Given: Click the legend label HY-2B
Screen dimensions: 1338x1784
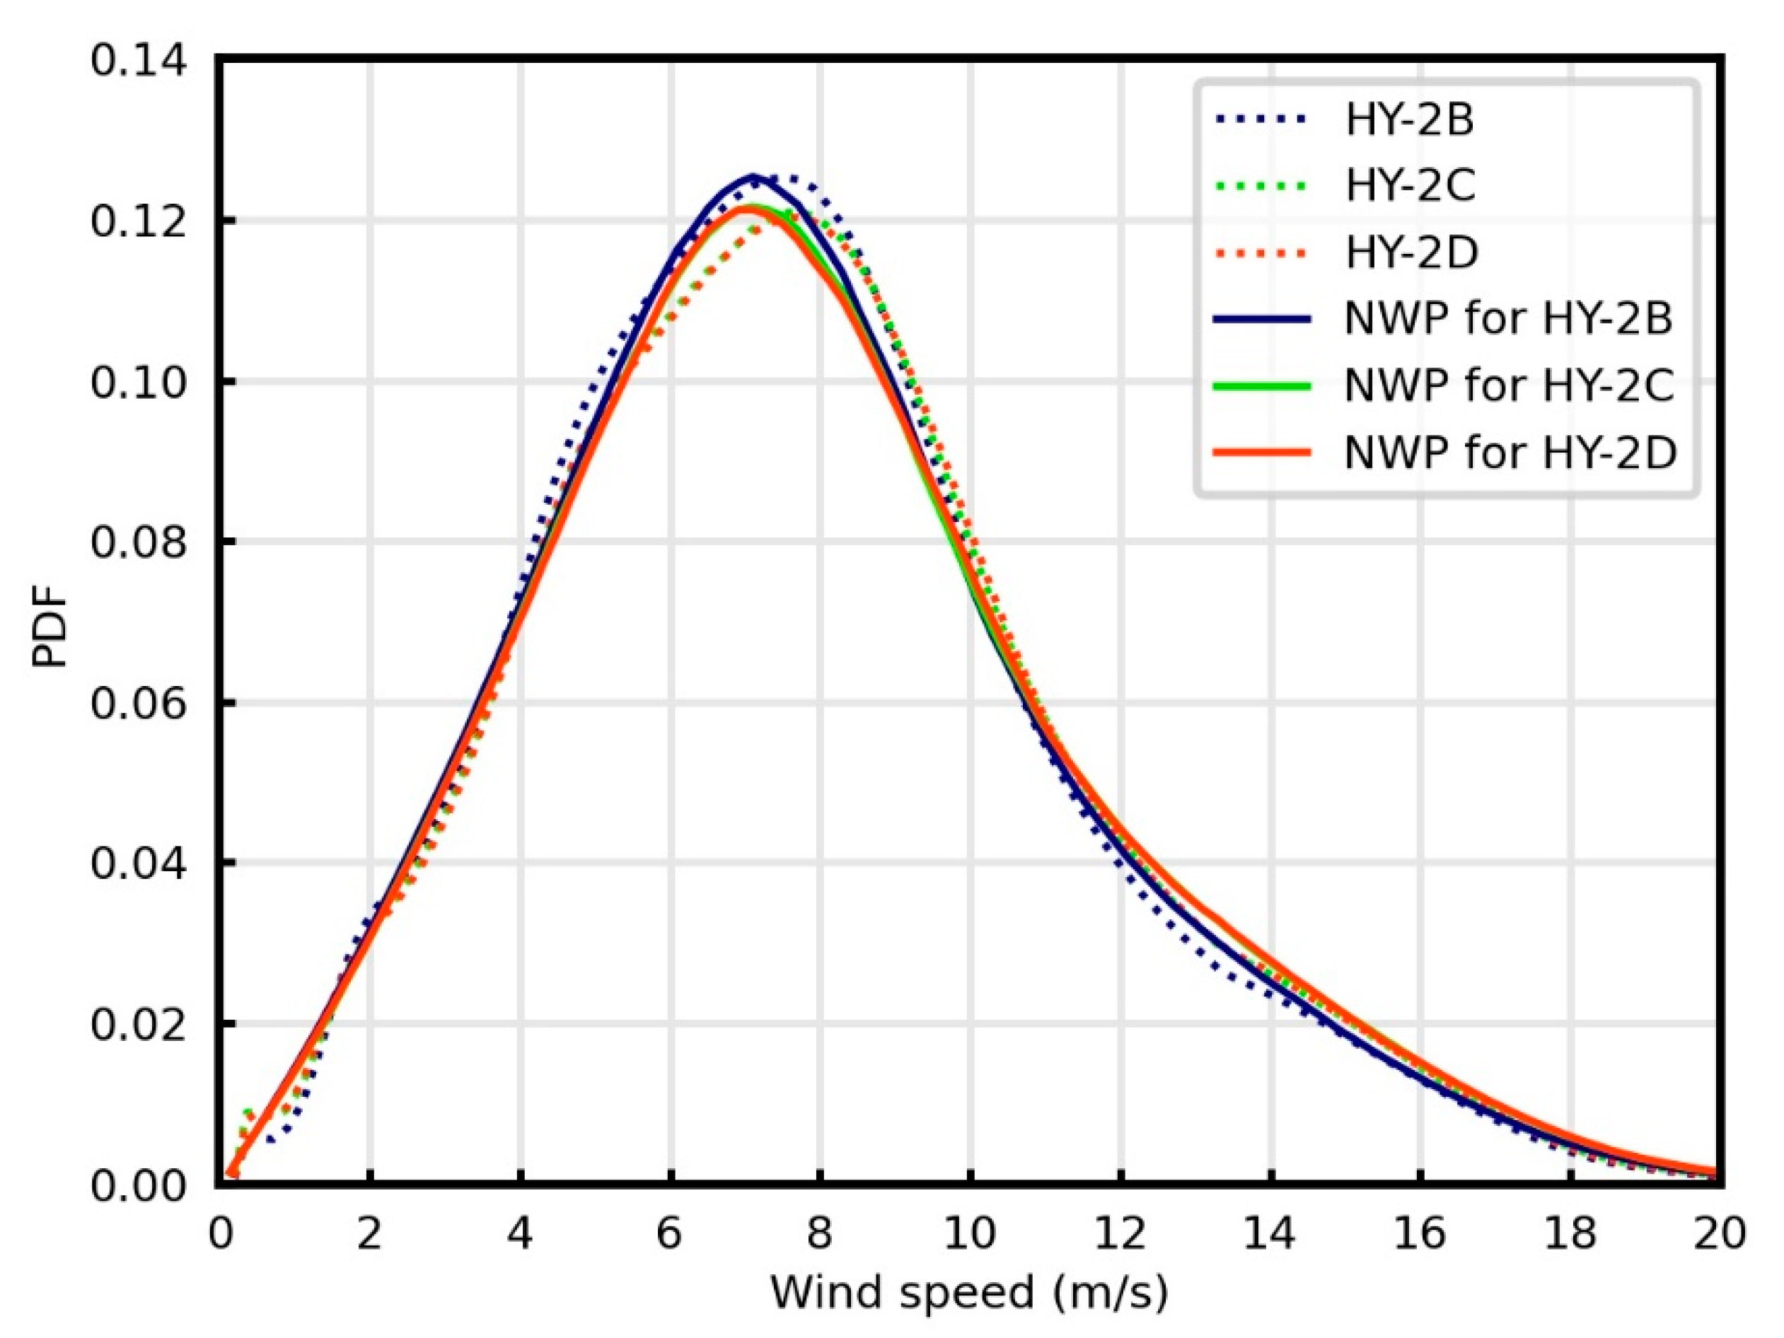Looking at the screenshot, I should tap(1409, 120).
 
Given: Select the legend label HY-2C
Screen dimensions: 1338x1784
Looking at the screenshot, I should tap(1410, 185).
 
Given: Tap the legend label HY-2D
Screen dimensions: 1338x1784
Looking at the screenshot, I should tap(1411, 252).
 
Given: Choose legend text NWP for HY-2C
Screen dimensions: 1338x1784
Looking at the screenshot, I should tap(1508, 385).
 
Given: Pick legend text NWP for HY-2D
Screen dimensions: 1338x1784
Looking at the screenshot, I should tap(1510, 453).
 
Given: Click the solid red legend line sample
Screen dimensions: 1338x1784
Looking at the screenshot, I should tap(1261, 453).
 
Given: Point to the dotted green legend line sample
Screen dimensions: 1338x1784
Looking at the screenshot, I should tap(1261, 186).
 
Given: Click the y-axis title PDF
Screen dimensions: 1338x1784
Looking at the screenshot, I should tap(50, 637).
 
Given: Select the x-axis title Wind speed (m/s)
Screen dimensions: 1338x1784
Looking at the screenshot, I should tap(968, 1293).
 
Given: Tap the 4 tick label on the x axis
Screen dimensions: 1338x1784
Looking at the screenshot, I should tap(520, 1234).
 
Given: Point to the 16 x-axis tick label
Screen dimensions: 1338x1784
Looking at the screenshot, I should tap(1420, 1234).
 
